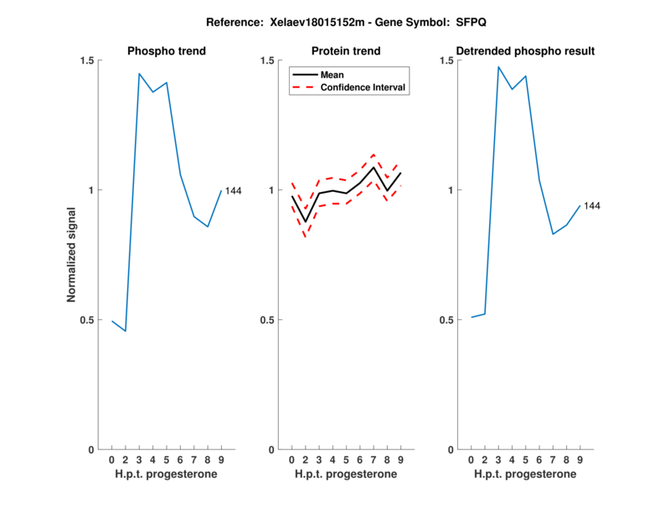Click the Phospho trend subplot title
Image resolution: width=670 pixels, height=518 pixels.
coord(167,51)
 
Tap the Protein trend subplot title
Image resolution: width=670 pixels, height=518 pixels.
coord(346,51)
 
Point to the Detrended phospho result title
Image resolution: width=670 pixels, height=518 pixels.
coord(525,51)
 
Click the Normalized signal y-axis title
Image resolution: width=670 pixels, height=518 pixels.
coord(72,256)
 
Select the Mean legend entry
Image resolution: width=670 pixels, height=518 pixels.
coord(332,75)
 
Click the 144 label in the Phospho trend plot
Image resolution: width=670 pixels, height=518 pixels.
coord(233,191)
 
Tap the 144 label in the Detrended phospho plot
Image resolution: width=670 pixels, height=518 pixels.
coord(592,205)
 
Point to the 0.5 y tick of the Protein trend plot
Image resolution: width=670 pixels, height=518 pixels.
coord(267,320)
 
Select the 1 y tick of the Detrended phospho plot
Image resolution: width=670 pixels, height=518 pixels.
coord(451,190)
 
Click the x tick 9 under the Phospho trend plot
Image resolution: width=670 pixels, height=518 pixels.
coord(221,459)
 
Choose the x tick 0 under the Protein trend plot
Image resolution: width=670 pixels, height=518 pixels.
coord(291,459)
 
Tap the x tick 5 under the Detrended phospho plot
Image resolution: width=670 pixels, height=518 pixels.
coord(525,459)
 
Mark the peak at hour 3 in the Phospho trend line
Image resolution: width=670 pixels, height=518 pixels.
coord(139,74)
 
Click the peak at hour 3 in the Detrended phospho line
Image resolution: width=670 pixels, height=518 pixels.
coord(498,67)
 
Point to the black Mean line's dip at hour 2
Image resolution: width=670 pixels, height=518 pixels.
coord(305,221)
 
